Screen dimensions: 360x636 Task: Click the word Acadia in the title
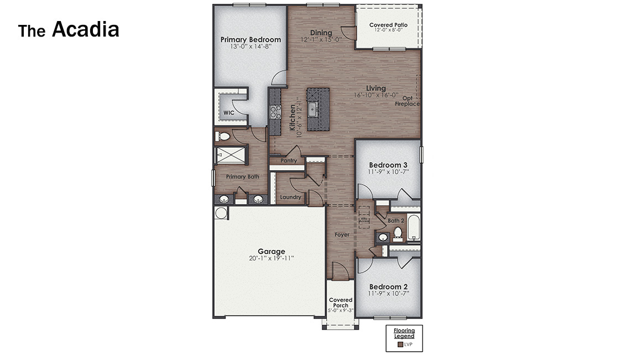pyautogui.click(x=85, y=29)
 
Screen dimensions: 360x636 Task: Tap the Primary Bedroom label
pyautogui.click(x=251, y=40)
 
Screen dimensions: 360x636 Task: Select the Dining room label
pyautogui.click(x=321, y=33)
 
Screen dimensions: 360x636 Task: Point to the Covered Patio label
pyautogui.click(x=388, y=25)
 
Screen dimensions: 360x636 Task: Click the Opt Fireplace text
pyautogui.click(x=407, y=101)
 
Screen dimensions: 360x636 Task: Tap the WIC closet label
pyautogui.click(x=228, y=113)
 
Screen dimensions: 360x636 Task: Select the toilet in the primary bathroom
pyautogui.click(x=223, y=136)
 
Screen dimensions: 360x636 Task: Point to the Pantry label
pyautogui.click(x=289, y=161)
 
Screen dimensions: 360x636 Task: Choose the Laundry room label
pyautogui.click(x=290, y=197)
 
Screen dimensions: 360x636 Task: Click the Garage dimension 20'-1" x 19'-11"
pyautogui.click(x=271, y=258)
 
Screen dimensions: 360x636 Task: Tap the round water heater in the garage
pyautogui.click(x=221, y=213)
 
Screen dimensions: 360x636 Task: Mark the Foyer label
pyautogui.click(x=342, y=234)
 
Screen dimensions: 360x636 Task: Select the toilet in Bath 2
pyautogui.click(x=397, y=234)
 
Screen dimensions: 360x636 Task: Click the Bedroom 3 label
pyautogui.click(x=388, y=165)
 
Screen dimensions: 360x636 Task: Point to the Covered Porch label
pyautogui.click(x=341, y=302)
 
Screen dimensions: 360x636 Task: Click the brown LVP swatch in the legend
pyautogui.click(x=400, y=345)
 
